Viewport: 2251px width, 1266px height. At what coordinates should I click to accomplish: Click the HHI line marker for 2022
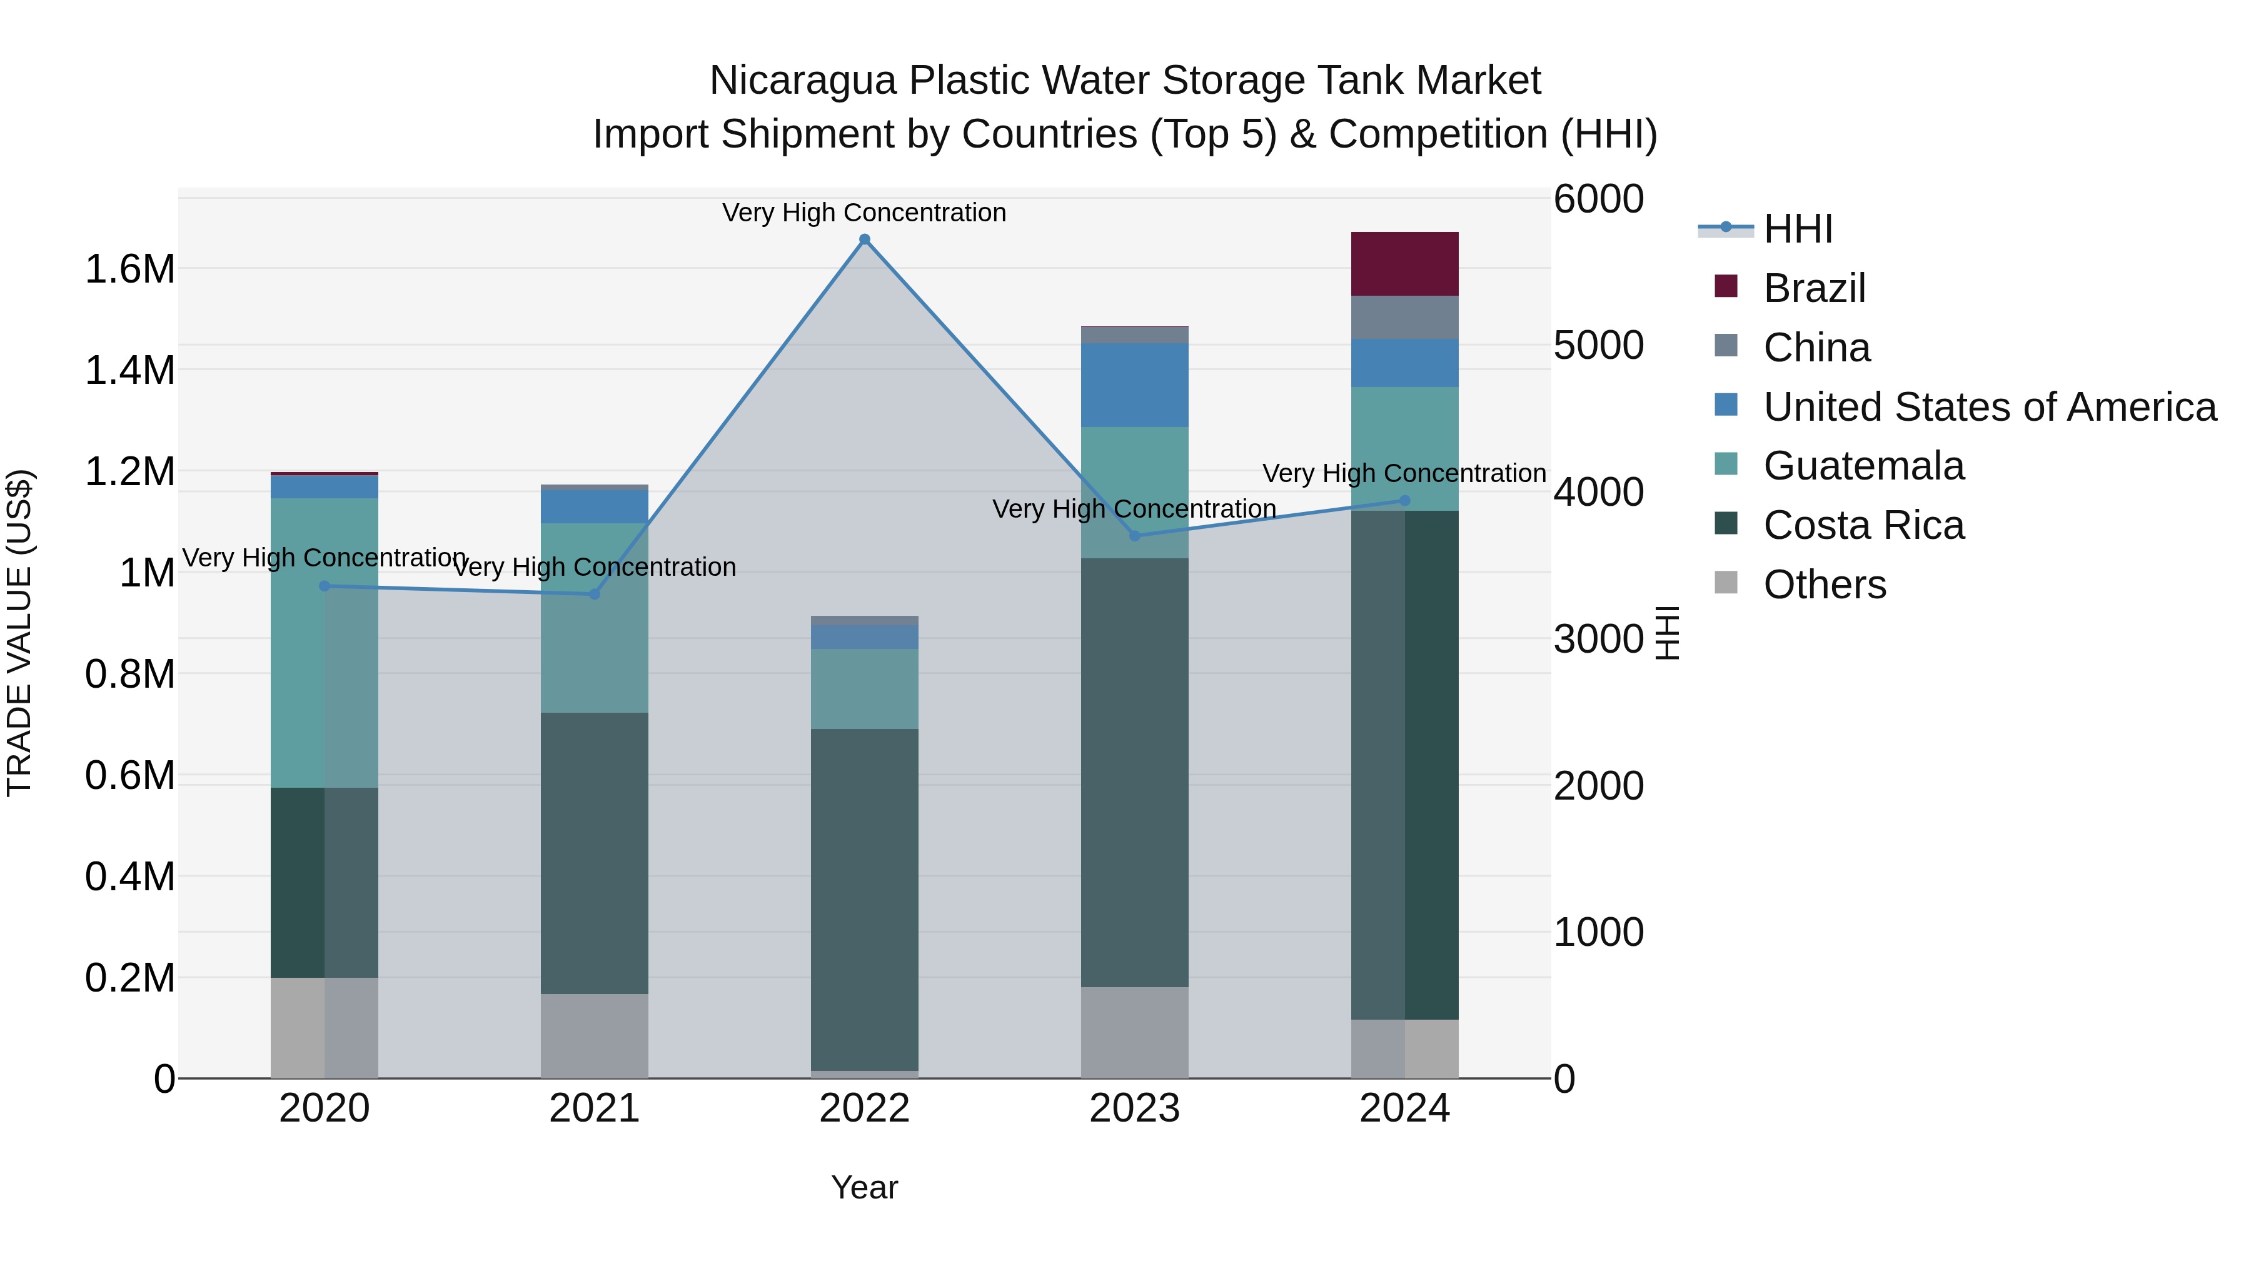coord(864,239)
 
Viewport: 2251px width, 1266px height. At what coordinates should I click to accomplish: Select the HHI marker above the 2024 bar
coord(1404,501)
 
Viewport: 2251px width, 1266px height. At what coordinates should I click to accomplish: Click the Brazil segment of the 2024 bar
coord(1404,264)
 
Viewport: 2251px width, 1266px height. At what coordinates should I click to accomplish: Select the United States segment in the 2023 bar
coord(1134,384)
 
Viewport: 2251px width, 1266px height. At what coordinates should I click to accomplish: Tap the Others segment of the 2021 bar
coord(594,1035)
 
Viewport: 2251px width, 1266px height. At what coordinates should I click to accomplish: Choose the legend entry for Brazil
coord(1813,288)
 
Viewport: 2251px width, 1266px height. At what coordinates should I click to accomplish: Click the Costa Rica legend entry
coord(1863,525)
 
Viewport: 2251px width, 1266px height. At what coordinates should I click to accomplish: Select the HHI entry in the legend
coord(1798,229)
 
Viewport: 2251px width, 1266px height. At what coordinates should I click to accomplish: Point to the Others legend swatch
coord(1726,583)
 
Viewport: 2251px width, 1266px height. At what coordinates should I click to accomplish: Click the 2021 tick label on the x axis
coord(594,1108)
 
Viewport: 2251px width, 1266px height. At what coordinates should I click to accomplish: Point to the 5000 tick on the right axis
coord(1598,345)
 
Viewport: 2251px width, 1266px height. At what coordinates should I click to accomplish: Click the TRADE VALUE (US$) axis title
coord(19,633)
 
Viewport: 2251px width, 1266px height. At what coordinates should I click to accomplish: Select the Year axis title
coord(864,1187)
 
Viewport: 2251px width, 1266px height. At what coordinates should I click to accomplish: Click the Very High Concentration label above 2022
coord(864,213)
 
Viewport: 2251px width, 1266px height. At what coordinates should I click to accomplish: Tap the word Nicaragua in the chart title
coord(802,81)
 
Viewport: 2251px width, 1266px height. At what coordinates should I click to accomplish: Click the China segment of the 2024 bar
coord(1404,317)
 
